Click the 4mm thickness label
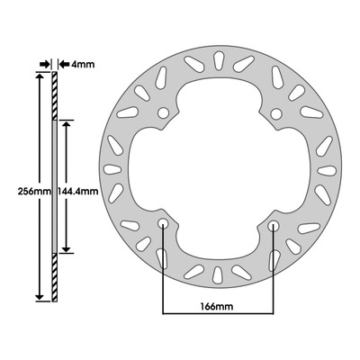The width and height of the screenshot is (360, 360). [83, 64]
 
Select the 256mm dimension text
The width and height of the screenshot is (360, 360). [34, 191]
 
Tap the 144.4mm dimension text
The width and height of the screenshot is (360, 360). [78, 191]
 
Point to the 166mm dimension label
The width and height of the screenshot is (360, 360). [217, 307]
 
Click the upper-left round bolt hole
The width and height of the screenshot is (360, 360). [163, 113]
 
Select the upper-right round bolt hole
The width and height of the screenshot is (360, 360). [275, 114]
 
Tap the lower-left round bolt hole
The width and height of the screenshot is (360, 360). [163, 223]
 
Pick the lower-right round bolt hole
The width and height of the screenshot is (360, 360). [274, 226]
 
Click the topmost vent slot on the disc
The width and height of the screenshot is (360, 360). [218, 61]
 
